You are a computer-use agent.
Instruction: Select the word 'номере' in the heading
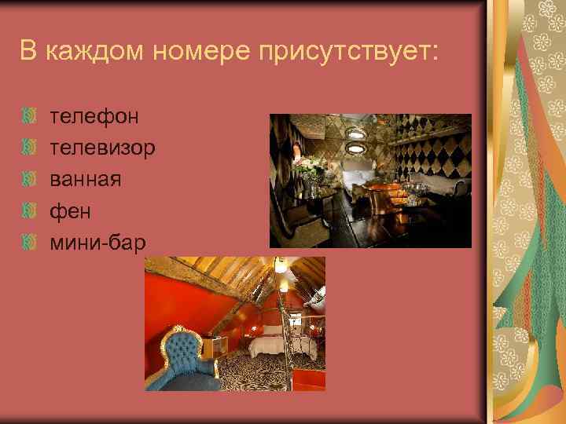194,52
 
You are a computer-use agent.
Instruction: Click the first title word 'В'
28,52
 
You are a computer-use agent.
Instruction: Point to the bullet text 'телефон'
94,117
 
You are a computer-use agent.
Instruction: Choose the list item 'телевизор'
102,148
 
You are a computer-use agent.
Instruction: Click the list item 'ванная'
86,179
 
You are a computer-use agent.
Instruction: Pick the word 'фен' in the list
71,210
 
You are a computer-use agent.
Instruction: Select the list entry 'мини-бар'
97,242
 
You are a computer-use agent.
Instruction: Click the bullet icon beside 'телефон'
30,118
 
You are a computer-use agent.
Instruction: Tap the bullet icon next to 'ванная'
30,180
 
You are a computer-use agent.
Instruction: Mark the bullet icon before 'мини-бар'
30,243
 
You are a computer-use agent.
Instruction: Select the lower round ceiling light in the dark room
356,147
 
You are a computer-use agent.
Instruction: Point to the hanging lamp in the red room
281,269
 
